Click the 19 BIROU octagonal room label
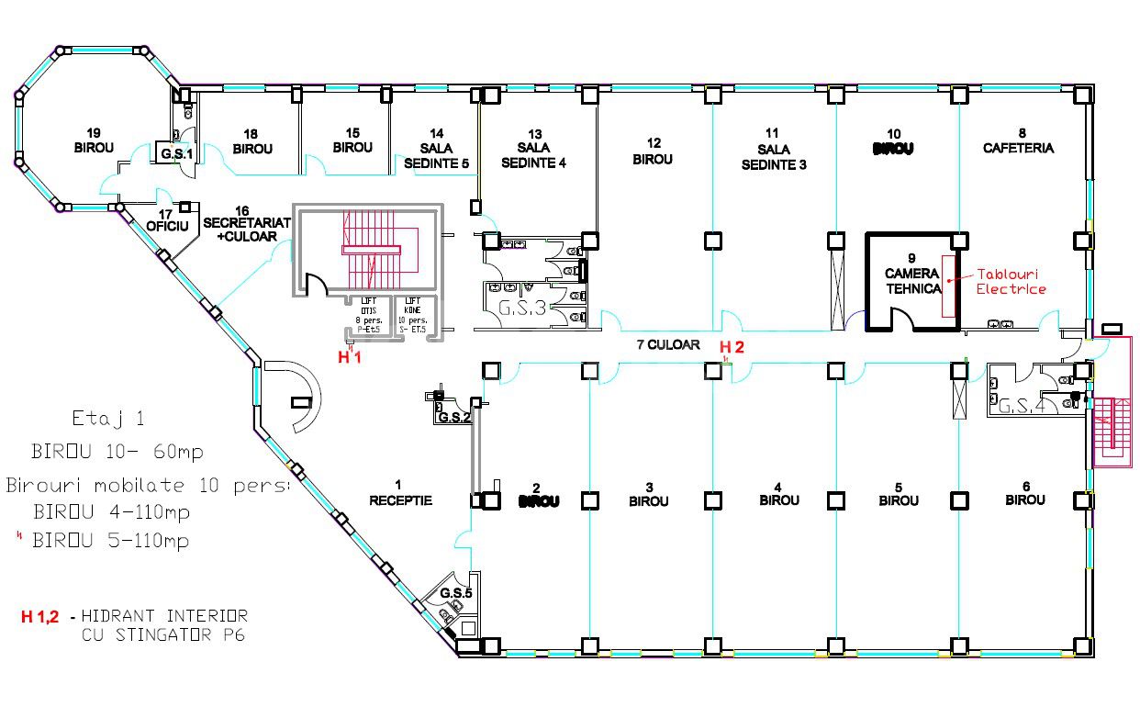point(94,140)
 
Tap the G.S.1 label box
point(177,153)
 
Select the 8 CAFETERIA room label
point(1018,140)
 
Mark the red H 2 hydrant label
point(732,347)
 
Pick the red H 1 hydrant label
point(350,357)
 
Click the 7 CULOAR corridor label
point(668,345)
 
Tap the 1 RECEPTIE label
point(400,493)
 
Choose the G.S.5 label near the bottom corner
point(455,593)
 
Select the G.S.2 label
point(454,417)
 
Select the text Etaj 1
point(108,420)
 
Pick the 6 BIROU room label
point(1024,493)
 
